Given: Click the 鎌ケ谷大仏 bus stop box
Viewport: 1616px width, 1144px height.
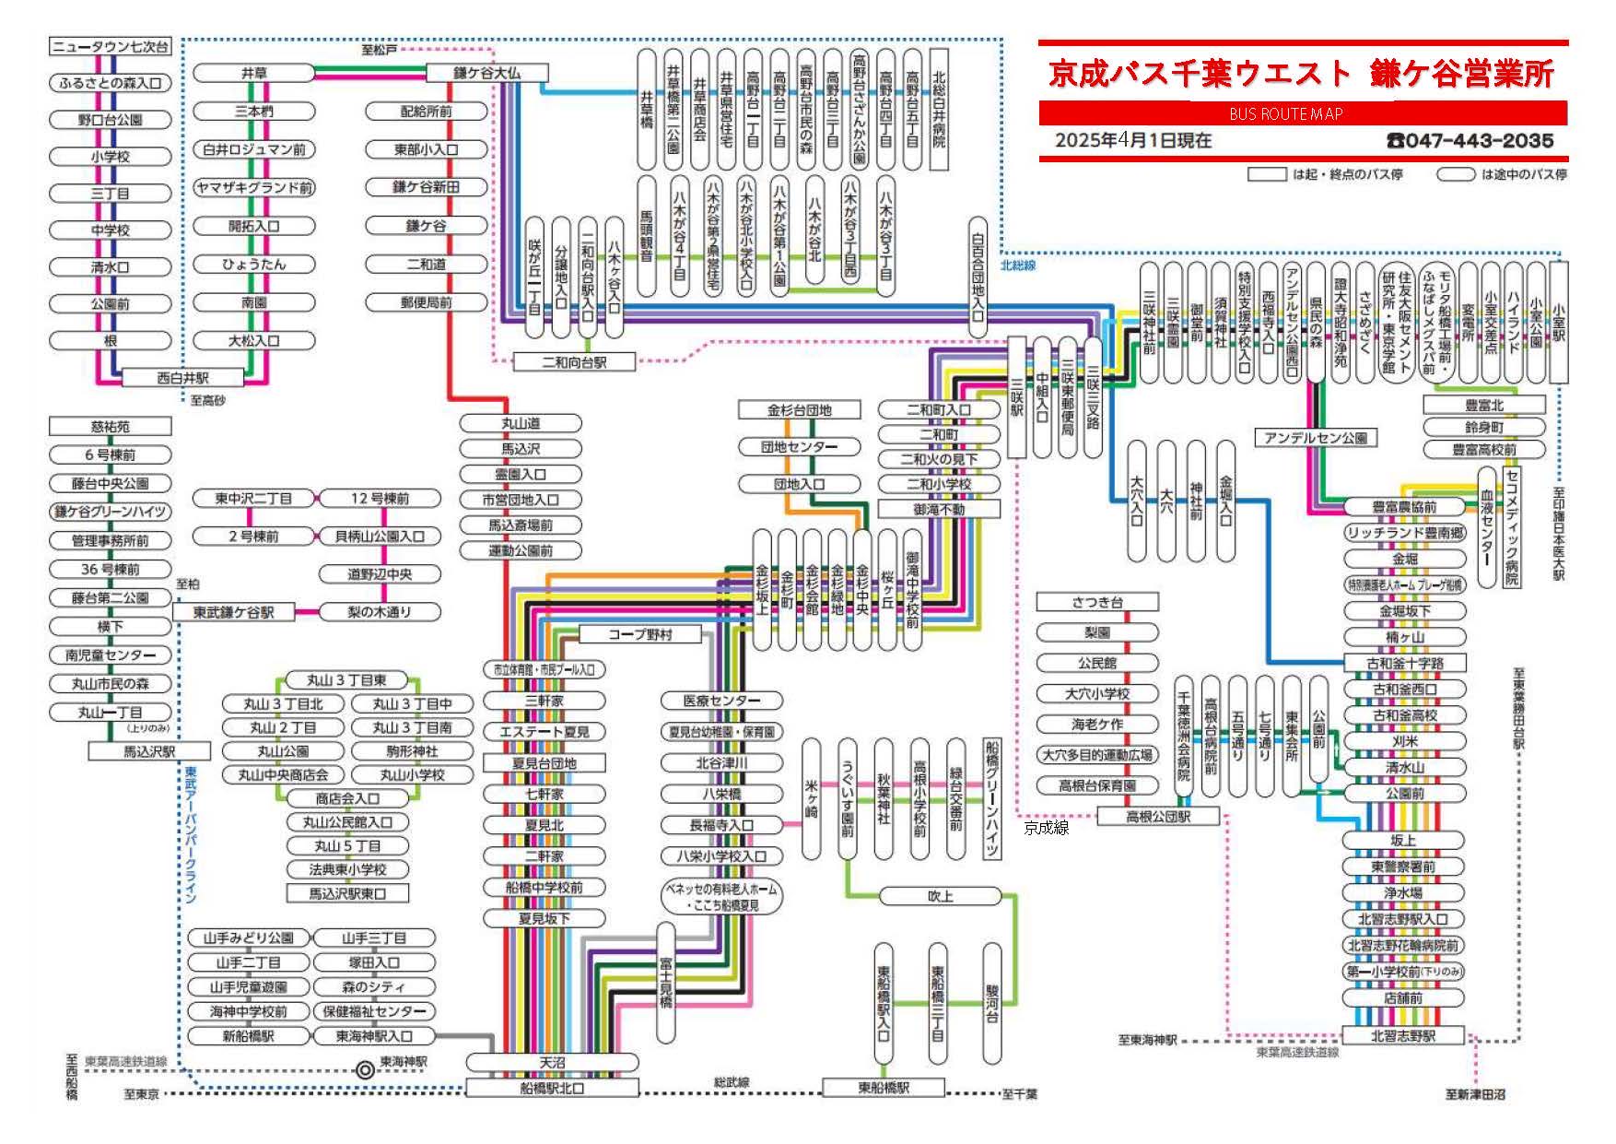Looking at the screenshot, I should click(x=486, y=73).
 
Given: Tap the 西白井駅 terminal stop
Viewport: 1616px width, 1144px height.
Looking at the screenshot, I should click(x=182, y=378).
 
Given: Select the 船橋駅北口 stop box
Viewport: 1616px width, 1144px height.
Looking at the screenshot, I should click(x=551, y=1088).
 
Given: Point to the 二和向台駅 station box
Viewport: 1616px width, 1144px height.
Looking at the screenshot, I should click(x=573, y=362).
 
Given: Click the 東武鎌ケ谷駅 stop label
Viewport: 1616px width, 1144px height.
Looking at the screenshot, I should click(x=233, y=612).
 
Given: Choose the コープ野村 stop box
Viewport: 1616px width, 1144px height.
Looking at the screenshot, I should click(x=639, y=634).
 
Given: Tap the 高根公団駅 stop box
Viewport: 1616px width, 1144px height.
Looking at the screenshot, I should click(x=1158, y=816).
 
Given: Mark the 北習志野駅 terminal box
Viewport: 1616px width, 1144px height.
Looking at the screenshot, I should click(x=1402, y=1035).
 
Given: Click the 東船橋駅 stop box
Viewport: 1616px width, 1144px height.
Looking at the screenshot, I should click(x=883, y=1088).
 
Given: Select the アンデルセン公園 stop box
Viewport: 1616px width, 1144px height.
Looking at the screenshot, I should click(x=1315, y=438).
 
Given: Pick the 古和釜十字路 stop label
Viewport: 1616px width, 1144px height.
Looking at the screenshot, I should click(x=1404, y=663).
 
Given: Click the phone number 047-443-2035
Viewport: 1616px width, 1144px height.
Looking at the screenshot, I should click(x=1470, y=141).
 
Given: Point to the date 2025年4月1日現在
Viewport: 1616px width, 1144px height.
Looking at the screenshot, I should click(x=1133, y=141).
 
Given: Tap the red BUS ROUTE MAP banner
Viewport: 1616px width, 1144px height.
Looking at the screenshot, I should click(x=1302, y=113).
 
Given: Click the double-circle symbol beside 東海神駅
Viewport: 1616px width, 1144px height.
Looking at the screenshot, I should click(x=365, y=1069).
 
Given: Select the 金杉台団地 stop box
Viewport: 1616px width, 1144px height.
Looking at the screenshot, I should click(x=799, y=409).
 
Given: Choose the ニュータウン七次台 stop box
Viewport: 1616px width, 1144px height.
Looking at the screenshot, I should click(x=110, y=46).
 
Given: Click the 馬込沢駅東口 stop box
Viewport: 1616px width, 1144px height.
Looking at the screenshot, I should click(x=346, y=893).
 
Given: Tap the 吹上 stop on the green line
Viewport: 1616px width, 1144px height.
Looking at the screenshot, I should click(x=940, y=896).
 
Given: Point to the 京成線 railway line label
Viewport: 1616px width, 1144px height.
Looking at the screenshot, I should click(x=1046, y=828).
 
